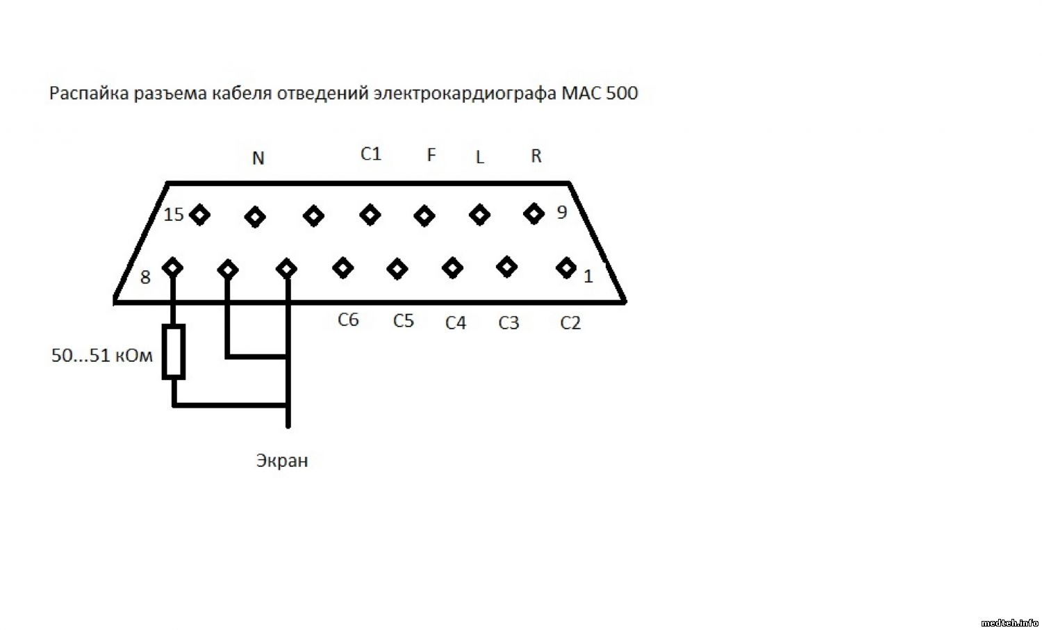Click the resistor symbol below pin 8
174,351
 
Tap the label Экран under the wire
281,461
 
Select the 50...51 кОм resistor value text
101,356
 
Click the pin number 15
174,215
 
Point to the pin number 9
562,213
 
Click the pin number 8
145,278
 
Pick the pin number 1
588,276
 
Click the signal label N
258,159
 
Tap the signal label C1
371,154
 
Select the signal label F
431,155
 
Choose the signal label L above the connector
479,158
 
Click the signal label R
536,156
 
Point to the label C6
348,320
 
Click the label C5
403,321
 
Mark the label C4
456,323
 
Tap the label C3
508,323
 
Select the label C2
570,323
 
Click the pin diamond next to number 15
200,215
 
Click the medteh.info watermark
1009,622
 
